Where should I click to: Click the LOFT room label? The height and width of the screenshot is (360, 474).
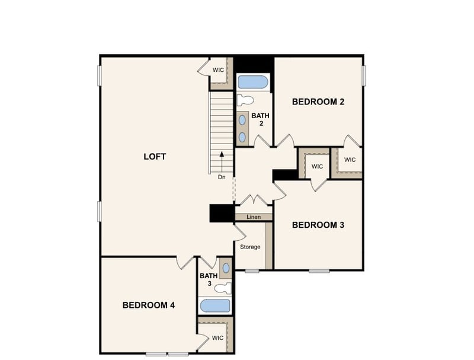point(155,157)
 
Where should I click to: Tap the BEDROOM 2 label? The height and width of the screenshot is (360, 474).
point(318,101)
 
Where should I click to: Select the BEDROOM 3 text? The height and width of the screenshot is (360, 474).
point(318,225)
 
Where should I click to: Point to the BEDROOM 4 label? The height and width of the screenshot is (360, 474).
point(149,305)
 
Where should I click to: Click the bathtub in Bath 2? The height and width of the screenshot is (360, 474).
point(253,81)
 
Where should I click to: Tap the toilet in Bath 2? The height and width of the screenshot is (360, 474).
point(245,100)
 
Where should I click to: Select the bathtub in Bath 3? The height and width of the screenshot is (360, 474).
point(214,305)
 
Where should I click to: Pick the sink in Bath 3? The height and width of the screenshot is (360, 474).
point(226,268)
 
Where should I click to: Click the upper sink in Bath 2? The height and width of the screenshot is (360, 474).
point(243,120)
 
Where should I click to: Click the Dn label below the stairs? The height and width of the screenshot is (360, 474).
point(222,177)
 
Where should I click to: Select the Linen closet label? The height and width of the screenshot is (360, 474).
point(254,217)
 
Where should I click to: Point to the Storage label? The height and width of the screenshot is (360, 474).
point(250,247)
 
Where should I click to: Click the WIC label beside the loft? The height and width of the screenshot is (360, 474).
point(218,70)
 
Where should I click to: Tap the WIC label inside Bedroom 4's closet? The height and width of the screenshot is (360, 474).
point(217,338)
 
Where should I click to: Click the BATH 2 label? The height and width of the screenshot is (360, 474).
point(260,120)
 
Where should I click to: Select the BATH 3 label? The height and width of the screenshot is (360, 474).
point(209,280)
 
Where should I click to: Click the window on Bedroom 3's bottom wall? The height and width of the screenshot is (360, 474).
point(319,270)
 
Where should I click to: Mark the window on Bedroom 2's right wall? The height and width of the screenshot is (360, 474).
point(364,75)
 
